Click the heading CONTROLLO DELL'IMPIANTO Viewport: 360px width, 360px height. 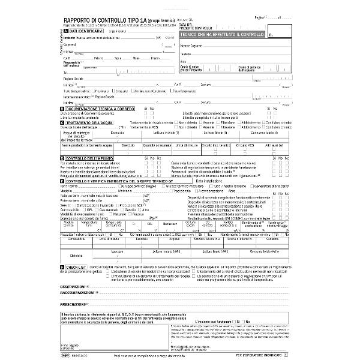pyautogui.click(x=91, y=157)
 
